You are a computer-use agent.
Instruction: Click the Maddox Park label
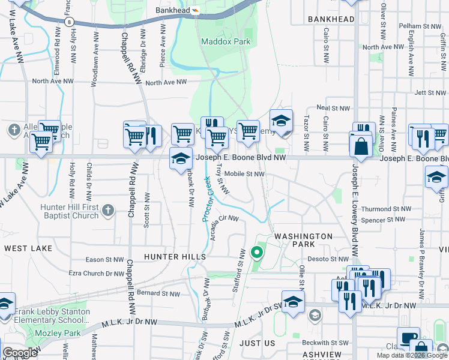226,42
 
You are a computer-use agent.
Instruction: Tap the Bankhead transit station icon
194,11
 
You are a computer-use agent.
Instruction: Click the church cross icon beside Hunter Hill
107,210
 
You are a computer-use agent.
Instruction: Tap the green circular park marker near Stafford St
258,252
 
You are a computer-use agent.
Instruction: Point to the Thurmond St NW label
385,209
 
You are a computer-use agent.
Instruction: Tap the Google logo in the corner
20,353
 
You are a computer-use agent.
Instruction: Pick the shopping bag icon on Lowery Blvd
361,146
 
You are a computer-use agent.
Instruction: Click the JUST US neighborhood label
258,343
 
